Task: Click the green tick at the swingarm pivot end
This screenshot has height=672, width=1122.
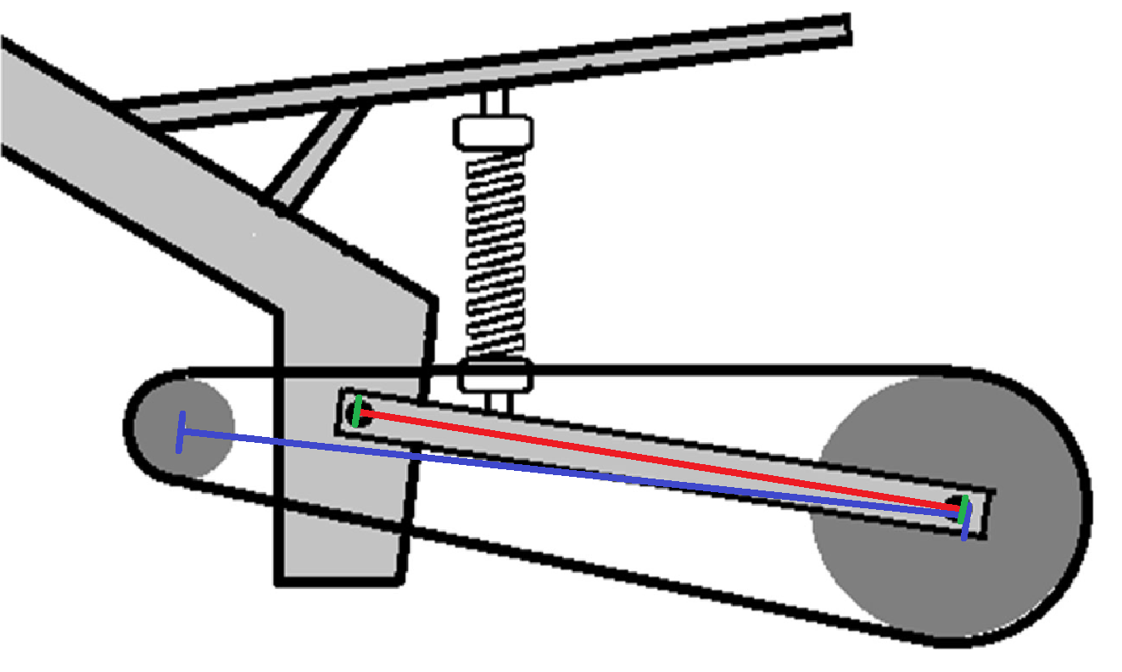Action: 358,412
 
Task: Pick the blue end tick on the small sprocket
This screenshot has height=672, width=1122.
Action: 179,432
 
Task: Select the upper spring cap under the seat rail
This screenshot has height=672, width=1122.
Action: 494,131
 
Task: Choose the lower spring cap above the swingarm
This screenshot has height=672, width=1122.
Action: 494,374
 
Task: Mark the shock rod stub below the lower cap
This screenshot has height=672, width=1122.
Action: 494,400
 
